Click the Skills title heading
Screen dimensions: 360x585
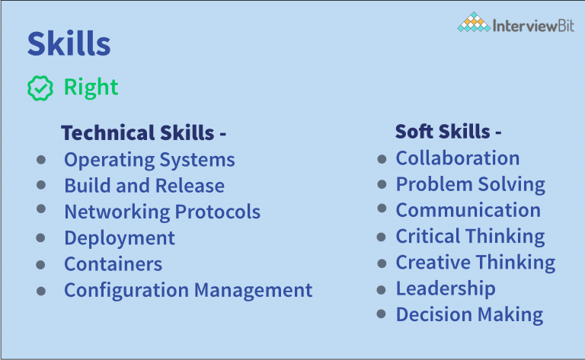coord(69,44)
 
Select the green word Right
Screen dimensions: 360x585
coord(91,88)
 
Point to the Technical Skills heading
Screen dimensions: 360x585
coord(143,133)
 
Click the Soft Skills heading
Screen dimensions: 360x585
coord(448,132)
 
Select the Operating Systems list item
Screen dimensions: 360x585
coord(149,160)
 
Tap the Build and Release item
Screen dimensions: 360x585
coord(144,186)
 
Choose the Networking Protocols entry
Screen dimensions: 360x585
coord(162,212)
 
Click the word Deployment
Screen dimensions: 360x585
coord(120,237)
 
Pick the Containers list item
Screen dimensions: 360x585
coord(113,264)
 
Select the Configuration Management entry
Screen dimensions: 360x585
coord(188,290)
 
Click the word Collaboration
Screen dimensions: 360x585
coord(458,158)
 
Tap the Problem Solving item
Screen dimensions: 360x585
coord(471,184)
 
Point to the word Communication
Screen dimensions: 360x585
coord(468,210)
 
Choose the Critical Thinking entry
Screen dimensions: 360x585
coord(470,236)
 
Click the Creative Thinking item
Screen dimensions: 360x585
coord(475,263)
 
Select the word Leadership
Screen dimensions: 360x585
coord(446,288)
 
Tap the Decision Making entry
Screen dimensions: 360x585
coord(469,314)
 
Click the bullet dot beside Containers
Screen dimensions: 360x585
coord(40,264)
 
